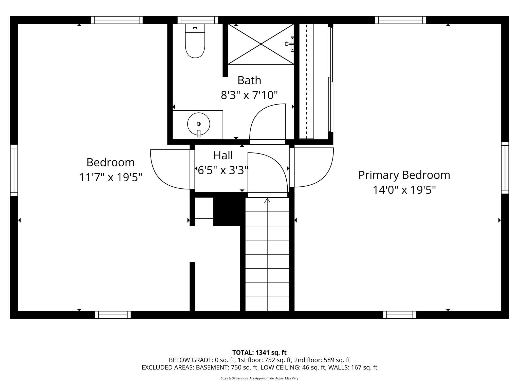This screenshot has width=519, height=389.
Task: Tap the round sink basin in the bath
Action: click(x=198, y=124)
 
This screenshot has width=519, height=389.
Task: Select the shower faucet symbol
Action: click(x=290, y=44)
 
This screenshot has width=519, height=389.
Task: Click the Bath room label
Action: click(x=249, y=80)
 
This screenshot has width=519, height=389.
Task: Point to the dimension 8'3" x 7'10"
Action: click(x=249, y=95)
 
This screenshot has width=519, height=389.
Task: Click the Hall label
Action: click(x=223, y=155)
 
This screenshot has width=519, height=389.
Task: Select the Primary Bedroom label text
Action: click(x=404, y=175)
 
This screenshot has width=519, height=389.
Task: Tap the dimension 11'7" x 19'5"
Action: click(x=110, y=177)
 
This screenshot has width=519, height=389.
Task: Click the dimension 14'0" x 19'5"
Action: click(x=404, y=190)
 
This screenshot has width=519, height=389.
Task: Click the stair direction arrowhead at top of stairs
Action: click(x=267, y=201)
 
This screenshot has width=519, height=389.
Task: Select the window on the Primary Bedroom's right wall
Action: click(x=505, y=168)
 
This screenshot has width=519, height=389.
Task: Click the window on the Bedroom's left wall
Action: click(x=14, y=170)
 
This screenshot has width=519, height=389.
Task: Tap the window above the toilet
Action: click(x=198, y=20)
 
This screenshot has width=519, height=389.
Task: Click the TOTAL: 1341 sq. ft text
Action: click(x=259, y=353)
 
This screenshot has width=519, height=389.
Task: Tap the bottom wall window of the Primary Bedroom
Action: click(x=399, y=315)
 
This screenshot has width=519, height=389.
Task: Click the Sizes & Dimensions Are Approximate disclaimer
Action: click(x=259, y=378)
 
